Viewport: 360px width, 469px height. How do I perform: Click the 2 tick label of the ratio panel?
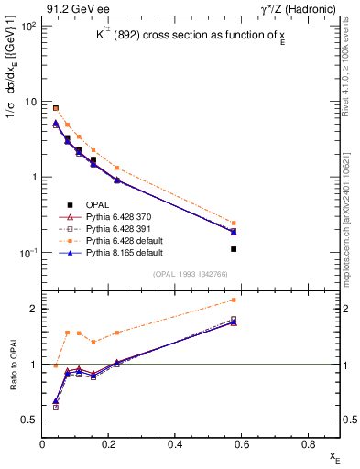[x=33, y=309]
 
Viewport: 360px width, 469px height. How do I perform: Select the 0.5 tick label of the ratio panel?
[x=29, y=420]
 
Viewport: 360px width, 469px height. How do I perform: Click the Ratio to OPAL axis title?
[x=11, y=365]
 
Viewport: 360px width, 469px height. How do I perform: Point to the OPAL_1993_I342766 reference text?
[x=192, y=273]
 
